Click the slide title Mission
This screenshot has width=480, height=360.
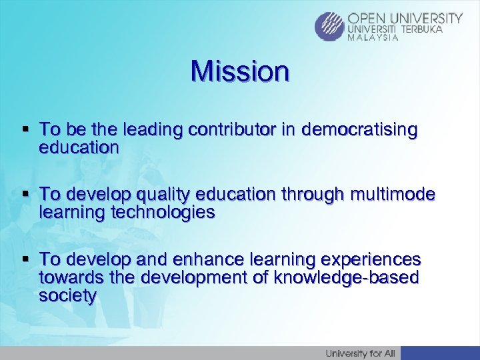click(240, 71)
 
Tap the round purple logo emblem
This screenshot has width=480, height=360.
click(330, 27)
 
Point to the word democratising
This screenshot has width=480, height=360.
click(360, 129)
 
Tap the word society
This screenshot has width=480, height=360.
click(68, 295)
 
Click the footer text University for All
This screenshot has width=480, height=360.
click(359, 353)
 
